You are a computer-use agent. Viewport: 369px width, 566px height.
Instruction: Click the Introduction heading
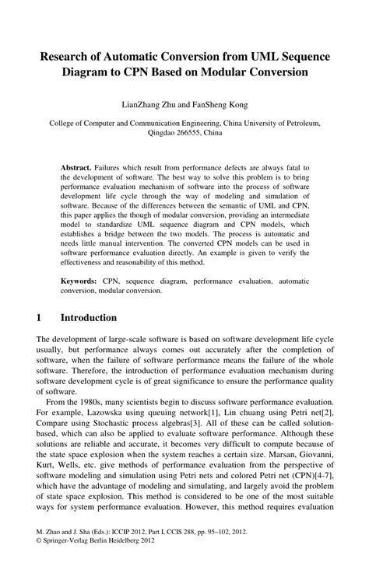point(89,317)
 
